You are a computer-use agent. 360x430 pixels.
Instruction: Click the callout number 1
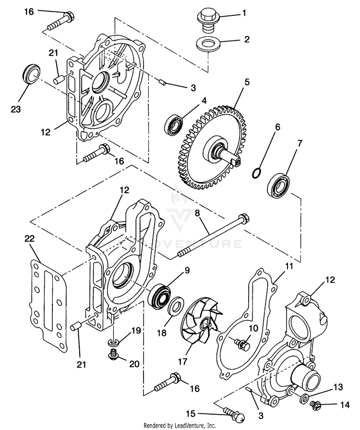tap(244, 13)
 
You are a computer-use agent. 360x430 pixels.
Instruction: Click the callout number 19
tap(136, 331)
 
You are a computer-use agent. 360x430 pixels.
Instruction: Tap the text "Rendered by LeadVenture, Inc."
tap(180, 425)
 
